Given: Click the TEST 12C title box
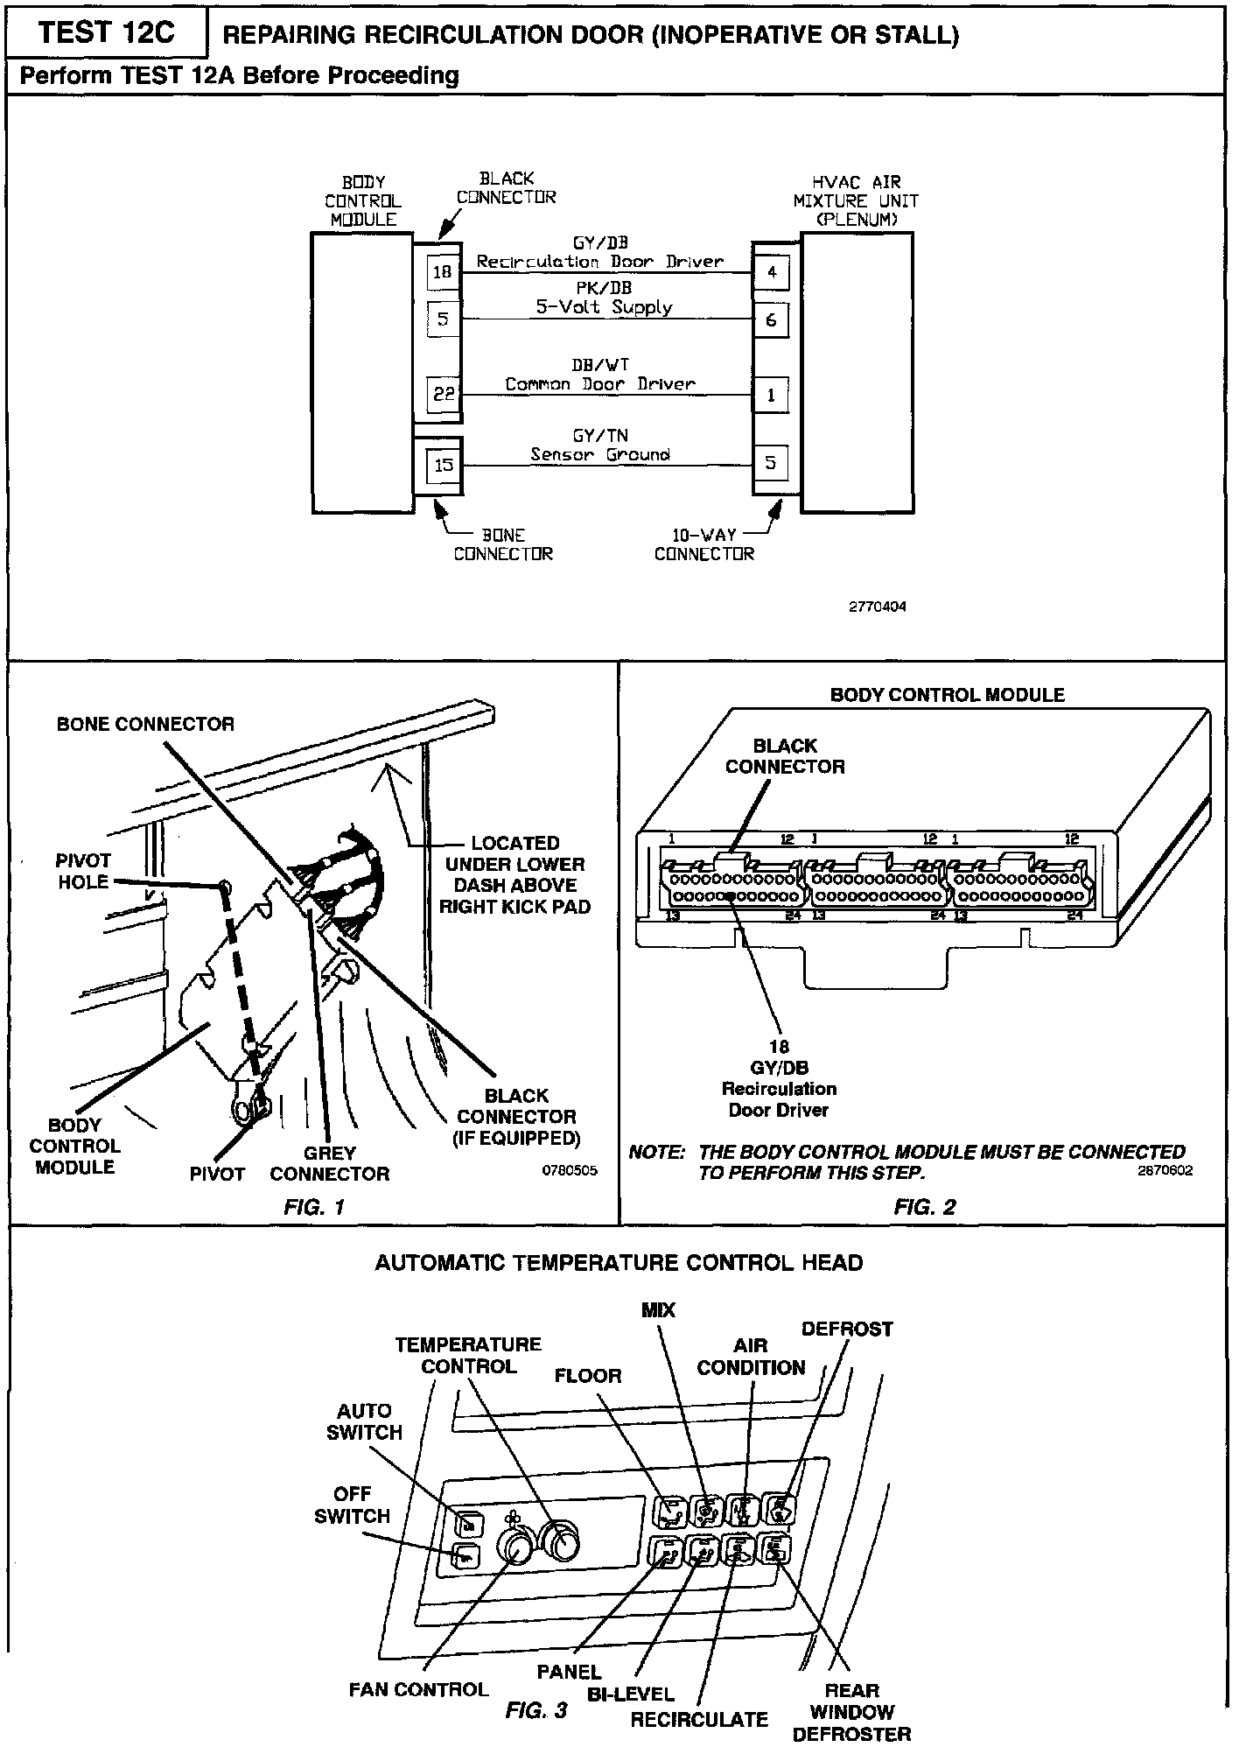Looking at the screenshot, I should pos(107,33).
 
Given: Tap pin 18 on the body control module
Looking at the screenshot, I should pos(443,272).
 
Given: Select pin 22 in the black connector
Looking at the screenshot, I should pos(443,394).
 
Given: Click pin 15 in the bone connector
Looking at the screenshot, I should pos(444,464).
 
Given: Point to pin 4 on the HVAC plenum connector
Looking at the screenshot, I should pos(771,272).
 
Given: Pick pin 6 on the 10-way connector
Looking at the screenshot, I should pos(771,320).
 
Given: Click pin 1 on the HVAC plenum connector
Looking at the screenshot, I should pos(771,395).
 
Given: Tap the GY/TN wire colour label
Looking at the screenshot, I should pos(599,436).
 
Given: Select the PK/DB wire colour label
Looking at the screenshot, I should pos(604,288).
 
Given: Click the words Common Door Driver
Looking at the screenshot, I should pos(600,384).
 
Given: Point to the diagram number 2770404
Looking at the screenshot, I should pos(877,607).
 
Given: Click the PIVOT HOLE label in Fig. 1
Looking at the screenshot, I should pos(84,871).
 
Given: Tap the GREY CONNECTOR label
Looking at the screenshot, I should pos(329,1163).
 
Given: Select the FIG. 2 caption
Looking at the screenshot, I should pos(924,1207).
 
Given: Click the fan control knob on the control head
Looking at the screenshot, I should pos(514,1547).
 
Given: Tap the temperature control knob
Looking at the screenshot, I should pos(560,1542).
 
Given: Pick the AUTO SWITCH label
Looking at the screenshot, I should pos(364,1421).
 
